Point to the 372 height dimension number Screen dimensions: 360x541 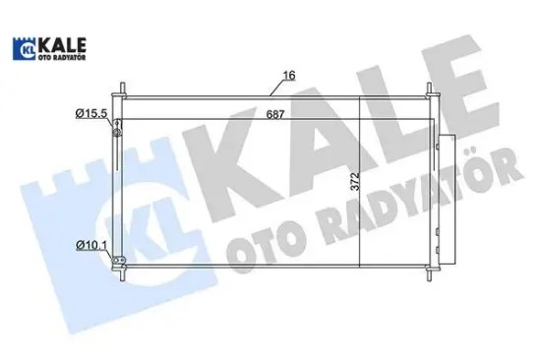(365, 180)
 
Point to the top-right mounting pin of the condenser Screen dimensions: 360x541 (430, 90)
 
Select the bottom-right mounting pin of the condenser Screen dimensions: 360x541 (430, 271)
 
